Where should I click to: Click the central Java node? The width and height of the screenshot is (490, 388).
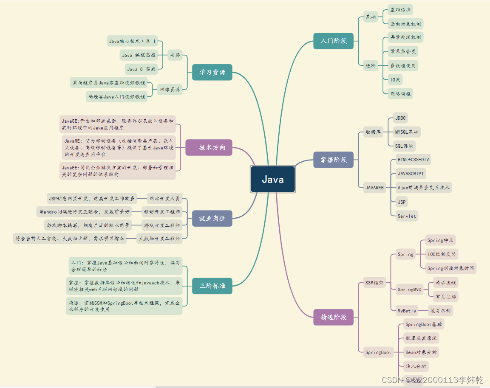(x=272, y=179)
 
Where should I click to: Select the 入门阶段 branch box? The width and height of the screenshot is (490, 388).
(x=333, y=41)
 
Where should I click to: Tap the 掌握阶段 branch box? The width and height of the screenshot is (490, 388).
(x=333, y=160)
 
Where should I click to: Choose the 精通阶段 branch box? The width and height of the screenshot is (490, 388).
(x=333, y=317)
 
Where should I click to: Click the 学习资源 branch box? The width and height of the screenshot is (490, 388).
(x=212, y=72)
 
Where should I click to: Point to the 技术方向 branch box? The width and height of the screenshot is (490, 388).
(x=212, y=147)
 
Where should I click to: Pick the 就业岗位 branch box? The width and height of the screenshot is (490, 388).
(x=212, y=218)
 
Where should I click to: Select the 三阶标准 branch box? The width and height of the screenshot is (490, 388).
(x=212, y=286)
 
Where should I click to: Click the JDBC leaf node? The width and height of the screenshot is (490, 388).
(x=400, y=118)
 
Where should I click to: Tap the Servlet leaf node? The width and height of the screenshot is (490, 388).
(x=407, y=216)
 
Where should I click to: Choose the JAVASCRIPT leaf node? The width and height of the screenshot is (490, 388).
(x=411, y=174)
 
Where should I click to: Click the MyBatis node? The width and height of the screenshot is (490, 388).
(x=407, y=311)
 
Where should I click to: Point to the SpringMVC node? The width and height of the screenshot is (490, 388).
(x=409, y=290)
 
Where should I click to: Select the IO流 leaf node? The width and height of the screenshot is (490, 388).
(x=395, y=79)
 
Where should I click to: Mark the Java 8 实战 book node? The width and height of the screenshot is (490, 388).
(x=141, y=69)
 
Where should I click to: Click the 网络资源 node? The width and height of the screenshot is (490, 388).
(x=169, y=89)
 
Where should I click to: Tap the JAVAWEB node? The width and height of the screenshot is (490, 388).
(x=374, y=187)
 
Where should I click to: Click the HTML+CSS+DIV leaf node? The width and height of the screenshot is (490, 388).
(x=413, y=160)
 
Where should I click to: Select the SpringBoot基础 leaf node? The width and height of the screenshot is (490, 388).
(x=423, y=324)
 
